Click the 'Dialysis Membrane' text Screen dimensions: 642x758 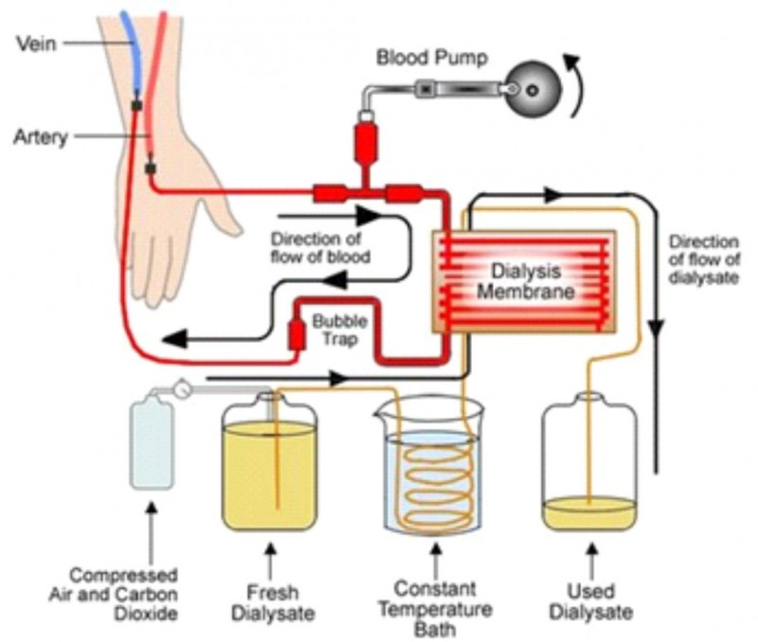[526, 281]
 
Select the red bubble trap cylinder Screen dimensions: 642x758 [296, 334]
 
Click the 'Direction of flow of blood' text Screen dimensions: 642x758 [319, 247]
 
